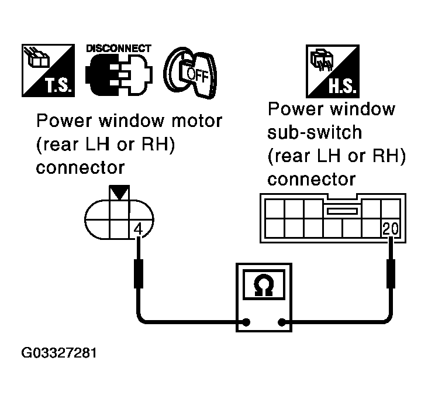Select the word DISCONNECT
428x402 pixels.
click(x=119, y=49)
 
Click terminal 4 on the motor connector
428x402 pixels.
click(x=139, y=229)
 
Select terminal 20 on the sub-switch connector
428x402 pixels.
click(x=389, y=229)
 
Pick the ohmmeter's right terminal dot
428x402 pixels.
click(x=282, y=322)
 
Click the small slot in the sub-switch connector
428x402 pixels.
click(x=343, y=211)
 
